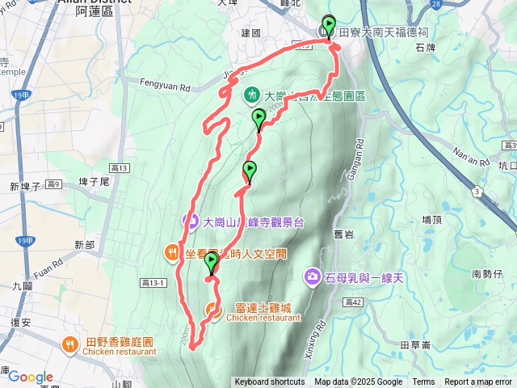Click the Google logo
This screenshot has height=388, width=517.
pos(31,377)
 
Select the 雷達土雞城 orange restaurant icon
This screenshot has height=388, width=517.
pos(212,308)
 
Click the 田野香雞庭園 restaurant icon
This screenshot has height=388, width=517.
pos(72,344)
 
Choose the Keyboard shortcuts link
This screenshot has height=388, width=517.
pos(269,382)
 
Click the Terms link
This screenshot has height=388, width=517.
pos(423,382)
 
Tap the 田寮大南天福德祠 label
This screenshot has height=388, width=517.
pos(383,32)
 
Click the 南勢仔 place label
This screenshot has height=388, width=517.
pos(487,273)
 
